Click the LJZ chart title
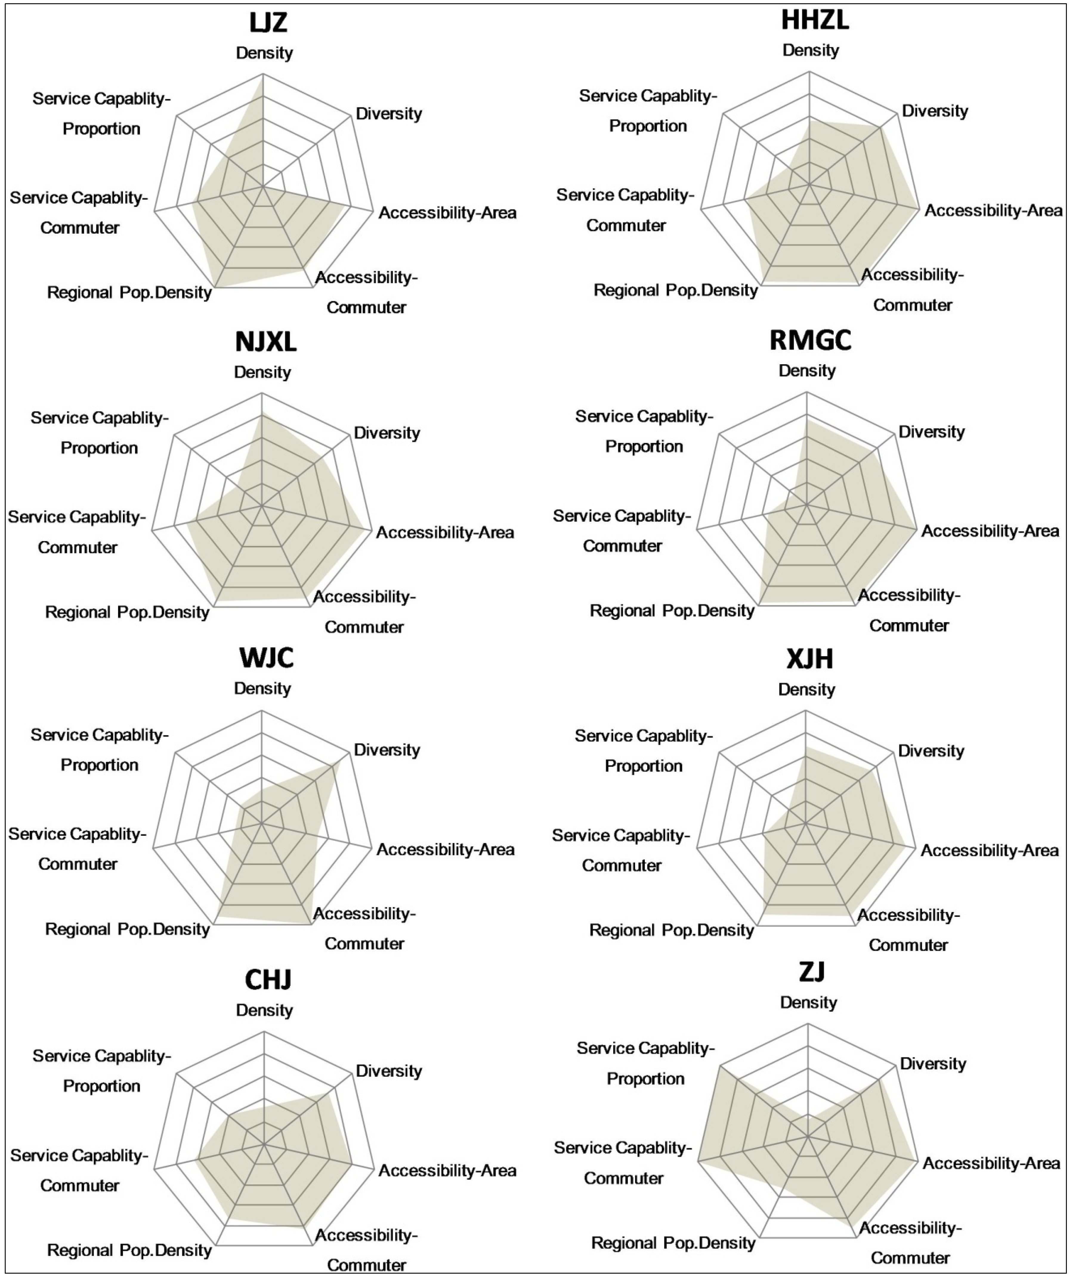pos(268,23)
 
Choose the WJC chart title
pos(266,658)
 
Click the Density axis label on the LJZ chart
pos(264,53)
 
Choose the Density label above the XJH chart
pos(807,690)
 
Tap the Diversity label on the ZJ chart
pos(933,1064)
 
